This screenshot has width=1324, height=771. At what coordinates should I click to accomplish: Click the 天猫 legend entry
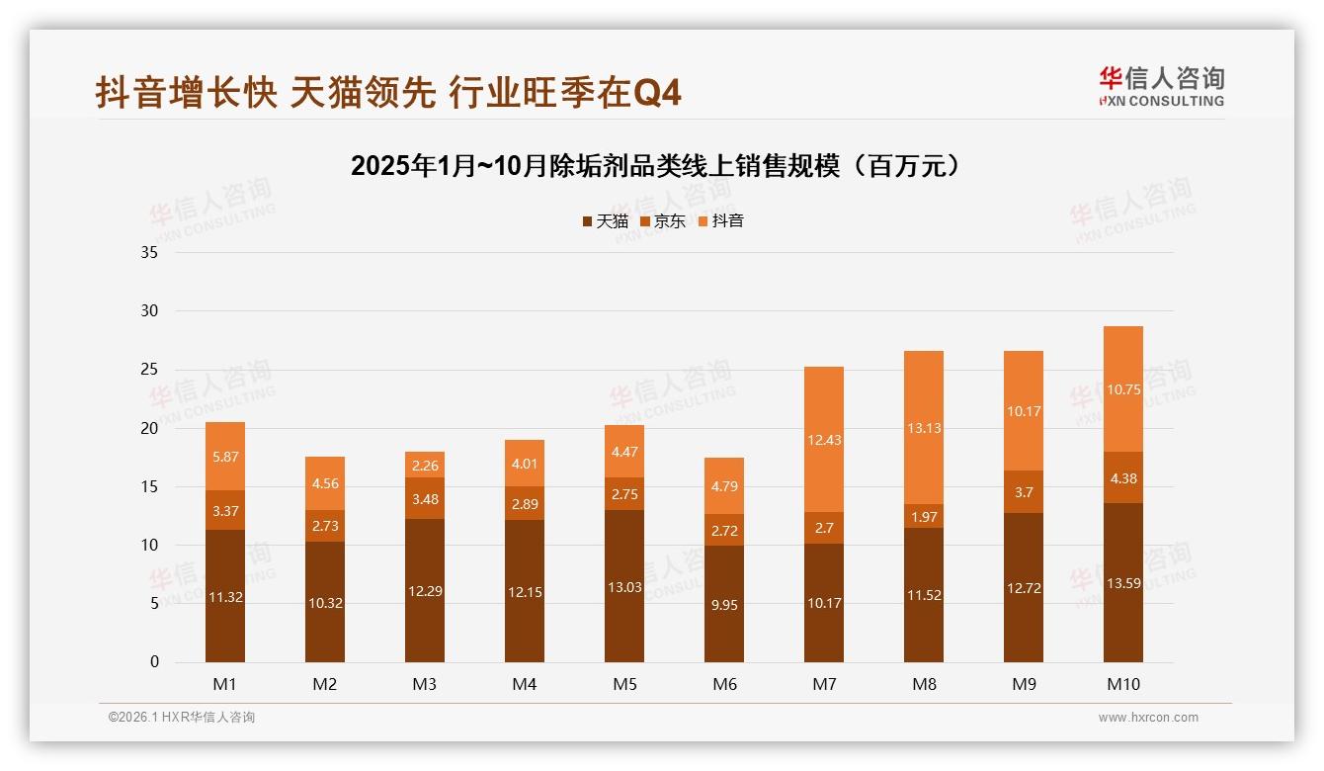click(605, 221)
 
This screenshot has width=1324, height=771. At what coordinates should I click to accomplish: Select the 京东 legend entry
click(662, 221)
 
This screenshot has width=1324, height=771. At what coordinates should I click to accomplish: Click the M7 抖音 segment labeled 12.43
click(823, 440)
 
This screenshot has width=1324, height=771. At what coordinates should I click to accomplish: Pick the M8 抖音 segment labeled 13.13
click(923, 428)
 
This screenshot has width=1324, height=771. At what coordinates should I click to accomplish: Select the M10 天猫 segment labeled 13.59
click(1122, 583)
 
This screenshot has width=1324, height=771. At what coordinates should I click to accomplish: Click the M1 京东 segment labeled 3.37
click(225, 510)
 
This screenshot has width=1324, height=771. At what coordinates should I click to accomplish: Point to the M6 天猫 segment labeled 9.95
click(723, 604)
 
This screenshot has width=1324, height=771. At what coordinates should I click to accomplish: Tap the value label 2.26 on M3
click(425, 466)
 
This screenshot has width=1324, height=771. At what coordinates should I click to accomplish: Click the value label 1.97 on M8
click(923, 516)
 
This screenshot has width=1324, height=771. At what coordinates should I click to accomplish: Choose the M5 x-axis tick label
click(624, 684)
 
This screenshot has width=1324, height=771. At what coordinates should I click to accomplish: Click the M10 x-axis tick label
click(1122, 684)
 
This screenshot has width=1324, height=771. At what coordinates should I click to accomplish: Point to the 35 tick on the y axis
click(149, 252)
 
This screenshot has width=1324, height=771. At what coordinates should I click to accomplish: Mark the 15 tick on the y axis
click(149, 486)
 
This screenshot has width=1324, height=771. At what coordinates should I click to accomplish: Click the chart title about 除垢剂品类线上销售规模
click(655, 165)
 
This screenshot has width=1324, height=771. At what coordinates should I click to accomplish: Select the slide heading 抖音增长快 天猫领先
click(388, 93)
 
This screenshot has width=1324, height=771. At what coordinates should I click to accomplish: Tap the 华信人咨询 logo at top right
click(1161, 86)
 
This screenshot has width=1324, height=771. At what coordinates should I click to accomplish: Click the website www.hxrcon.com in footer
click(1148, 718)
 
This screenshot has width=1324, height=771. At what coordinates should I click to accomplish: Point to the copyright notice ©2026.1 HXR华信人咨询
click(182, 718)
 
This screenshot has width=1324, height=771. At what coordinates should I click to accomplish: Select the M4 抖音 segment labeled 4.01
click(525, 464)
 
